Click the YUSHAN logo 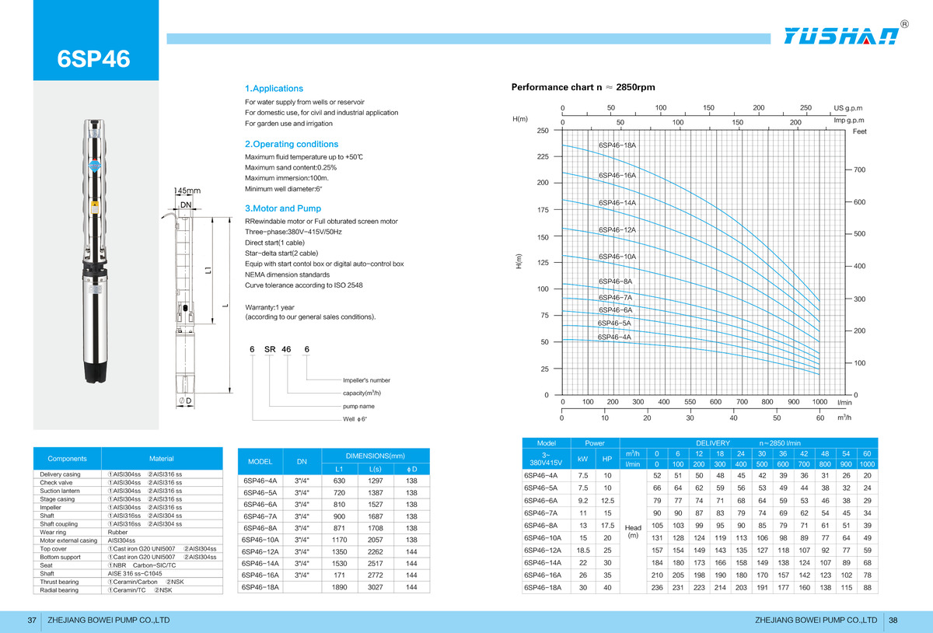coord(841,36)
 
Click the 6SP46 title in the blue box coord(94,59)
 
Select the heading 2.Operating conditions coord(292,144)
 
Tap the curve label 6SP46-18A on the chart coord(617,145)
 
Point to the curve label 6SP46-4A coord(614,337)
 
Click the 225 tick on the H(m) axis coord(543,156)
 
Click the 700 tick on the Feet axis coord(859,170)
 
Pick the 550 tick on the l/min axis coord(690,402)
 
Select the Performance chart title coord(583,87)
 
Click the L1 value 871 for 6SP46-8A coord(339,528)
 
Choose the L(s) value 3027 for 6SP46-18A coord(376,587)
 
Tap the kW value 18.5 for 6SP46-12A coord(583,550)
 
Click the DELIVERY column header coord(713,443)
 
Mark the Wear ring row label coord(53,532)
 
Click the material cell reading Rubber coord(117,532)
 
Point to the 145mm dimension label coord(187,191)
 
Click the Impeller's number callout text coord(366,380)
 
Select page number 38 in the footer coord(893,620)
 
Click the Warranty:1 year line coord(270,307)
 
